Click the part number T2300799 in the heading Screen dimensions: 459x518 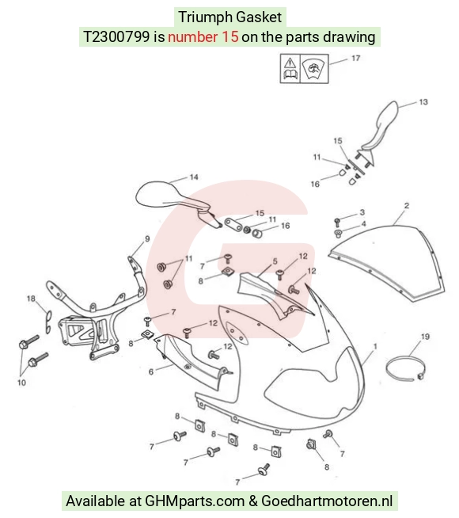tap(116, 36)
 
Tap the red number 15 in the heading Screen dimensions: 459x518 tap(230, 36)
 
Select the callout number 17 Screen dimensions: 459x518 tap(355, 59)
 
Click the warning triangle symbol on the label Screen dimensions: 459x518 tap(290, 63)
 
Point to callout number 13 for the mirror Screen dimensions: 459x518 tap(423, 102)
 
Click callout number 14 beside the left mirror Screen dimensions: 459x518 tap(194, 177)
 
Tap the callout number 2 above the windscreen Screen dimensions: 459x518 tap(407, 205)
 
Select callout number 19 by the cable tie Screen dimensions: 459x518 tap(425, 337)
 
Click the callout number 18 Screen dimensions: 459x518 tap(31, 299)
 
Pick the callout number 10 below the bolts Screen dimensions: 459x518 tap(21, 383)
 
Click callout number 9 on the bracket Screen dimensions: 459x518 tap(147, 238)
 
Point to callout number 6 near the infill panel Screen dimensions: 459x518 tap(151, 372)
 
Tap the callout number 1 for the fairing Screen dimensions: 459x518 tap(375, 347)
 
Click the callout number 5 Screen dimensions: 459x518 tap(275, 261)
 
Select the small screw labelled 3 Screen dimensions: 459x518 tap(337, 221)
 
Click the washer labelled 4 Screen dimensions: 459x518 tap(338, 233)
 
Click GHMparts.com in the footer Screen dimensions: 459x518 tap(195, 501)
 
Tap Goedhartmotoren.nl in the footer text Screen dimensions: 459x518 tap(327, 501)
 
